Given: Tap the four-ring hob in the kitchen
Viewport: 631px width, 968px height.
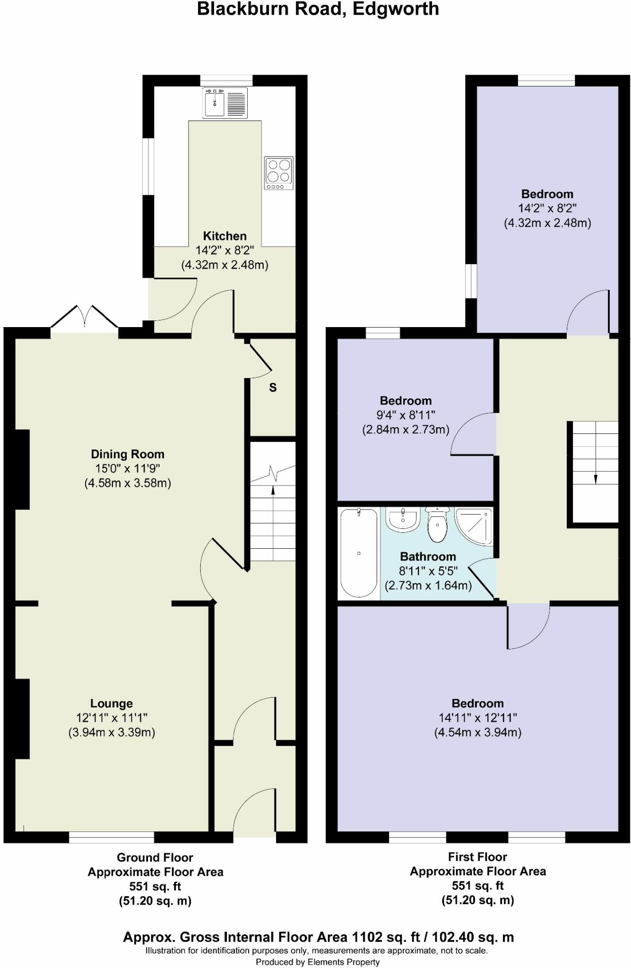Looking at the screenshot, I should tap(278, 173).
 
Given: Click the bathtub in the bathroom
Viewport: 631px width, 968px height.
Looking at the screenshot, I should tap(359, 553).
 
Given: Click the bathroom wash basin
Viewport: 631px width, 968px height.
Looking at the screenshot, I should tap(403, 519).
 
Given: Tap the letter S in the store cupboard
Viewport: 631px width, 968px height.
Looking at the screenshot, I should tap(273, 388).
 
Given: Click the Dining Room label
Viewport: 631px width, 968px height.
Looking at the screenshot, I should tap(128, 454).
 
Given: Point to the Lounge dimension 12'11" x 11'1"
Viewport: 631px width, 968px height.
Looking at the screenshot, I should tap(112, 718).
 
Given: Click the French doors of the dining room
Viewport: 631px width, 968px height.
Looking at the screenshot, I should tap(85, 318).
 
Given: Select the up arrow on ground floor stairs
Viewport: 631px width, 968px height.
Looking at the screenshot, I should tap(273, 492).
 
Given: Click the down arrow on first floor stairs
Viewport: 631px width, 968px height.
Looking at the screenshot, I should tap(595, 478).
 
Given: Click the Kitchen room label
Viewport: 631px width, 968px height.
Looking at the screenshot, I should tap(225, 236).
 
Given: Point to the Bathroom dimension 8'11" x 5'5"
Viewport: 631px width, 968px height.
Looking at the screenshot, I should tap(428, 571).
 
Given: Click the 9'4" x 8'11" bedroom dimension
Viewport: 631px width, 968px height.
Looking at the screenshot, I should tap(406, 415).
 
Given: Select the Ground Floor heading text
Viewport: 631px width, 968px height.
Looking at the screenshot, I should tap(155, 857).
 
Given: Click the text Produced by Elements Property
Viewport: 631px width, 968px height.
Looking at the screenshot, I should tap(318, 962).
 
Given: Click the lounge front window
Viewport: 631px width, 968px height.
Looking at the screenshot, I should tap(112, 838).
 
